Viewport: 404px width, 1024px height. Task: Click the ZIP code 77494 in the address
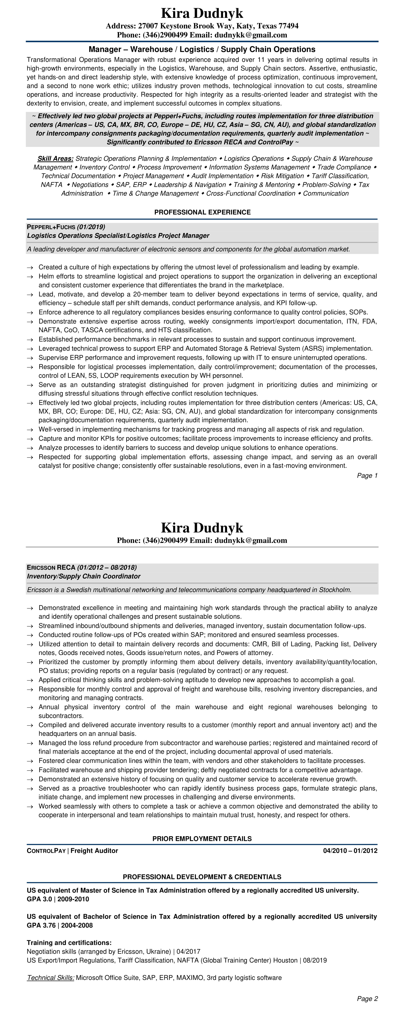[288, 26]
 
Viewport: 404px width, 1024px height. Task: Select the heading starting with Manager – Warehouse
[202, 49]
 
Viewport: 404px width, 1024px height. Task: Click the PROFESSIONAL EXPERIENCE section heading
[202, 212]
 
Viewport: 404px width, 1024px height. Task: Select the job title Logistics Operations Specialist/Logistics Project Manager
[118, 236]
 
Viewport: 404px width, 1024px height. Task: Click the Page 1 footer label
[367, 475]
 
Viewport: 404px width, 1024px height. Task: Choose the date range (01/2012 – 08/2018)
[107, 567]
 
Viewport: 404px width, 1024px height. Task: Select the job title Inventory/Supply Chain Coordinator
[83, 576]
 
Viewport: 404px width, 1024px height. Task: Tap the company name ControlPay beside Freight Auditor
[46, 851]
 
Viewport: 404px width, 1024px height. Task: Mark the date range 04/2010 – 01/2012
[350, 851]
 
